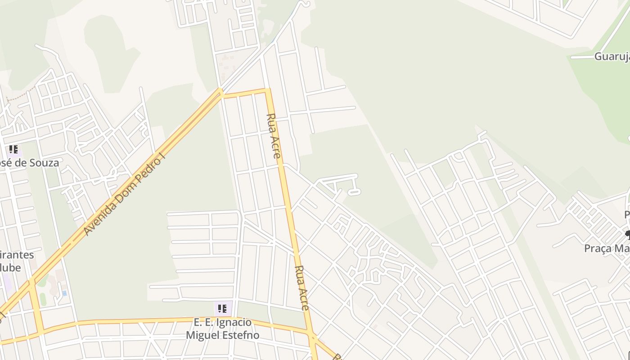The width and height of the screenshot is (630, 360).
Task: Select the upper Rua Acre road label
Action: [274, 135]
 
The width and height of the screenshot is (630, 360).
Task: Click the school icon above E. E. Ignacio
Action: [222, 309]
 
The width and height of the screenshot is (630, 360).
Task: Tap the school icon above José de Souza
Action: [13, 149]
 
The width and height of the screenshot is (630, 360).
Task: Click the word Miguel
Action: [203, 335]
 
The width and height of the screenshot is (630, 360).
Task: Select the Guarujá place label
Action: [612, 57]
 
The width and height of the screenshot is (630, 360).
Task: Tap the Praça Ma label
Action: [607, 248]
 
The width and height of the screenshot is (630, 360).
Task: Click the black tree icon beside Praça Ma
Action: [627, 234]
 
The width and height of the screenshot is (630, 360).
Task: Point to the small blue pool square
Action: [65, 293]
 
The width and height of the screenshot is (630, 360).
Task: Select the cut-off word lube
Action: [11, 268]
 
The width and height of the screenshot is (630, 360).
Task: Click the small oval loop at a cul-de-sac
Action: [355, 193]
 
